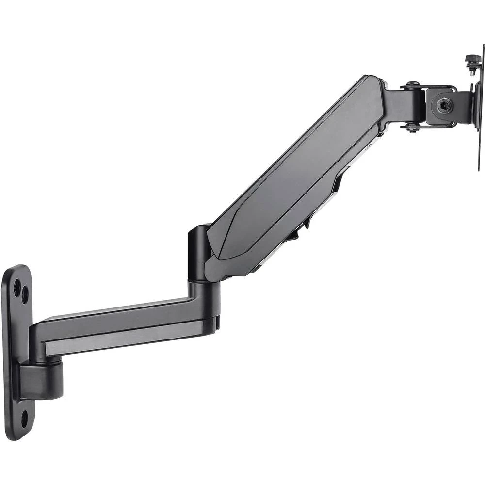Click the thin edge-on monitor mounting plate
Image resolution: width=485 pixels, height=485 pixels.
(481, 112)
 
